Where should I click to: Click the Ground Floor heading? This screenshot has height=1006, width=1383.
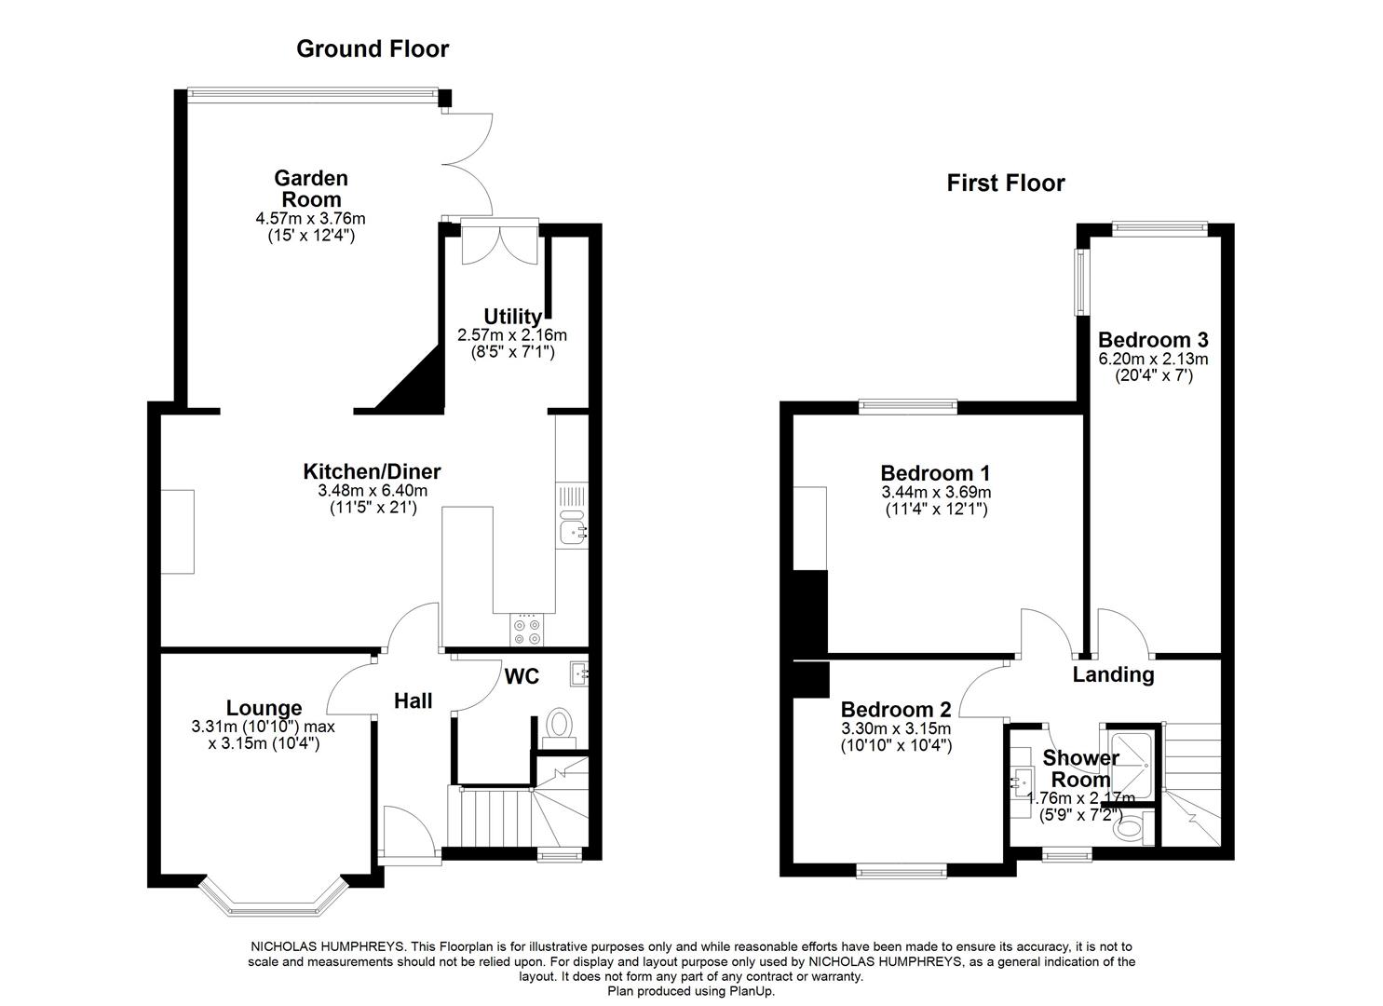[372, 48]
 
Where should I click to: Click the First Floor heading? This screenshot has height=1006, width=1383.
[1005, 183]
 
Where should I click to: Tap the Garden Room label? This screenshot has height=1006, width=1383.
[310, 188]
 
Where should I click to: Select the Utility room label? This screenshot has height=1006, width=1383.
[512, 317]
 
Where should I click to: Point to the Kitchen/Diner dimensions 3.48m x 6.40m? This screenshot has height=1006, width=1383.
[372, 491]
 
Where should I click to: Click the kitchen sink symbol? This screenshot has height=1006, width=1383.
[572, 532]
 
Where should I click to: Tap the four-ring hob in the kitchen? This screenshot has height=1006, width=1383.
[526, 631]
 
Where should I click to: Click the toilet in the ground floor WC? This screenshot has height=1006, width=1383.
[559, 723]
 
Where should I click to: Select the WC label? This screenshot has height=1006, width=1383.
[522, 676]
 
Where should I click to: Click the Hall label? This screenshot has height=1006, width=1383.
[413, 700]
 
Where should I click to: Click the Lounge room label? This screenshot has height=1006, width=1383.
[264, 708]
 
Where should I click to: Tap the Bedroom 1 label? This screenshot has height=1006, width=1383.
[935, 472]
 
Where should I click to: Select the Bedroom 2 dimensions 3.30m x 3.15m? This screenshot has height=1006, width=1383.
[895, 728]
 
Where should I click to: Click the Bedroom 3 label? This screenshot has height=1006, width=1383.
[1153, 339]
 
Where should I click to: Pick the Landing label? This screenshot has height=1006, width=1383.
[1113, 674]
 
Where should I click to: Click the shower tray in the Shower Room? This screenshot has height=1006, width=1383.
[1129, 763]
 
